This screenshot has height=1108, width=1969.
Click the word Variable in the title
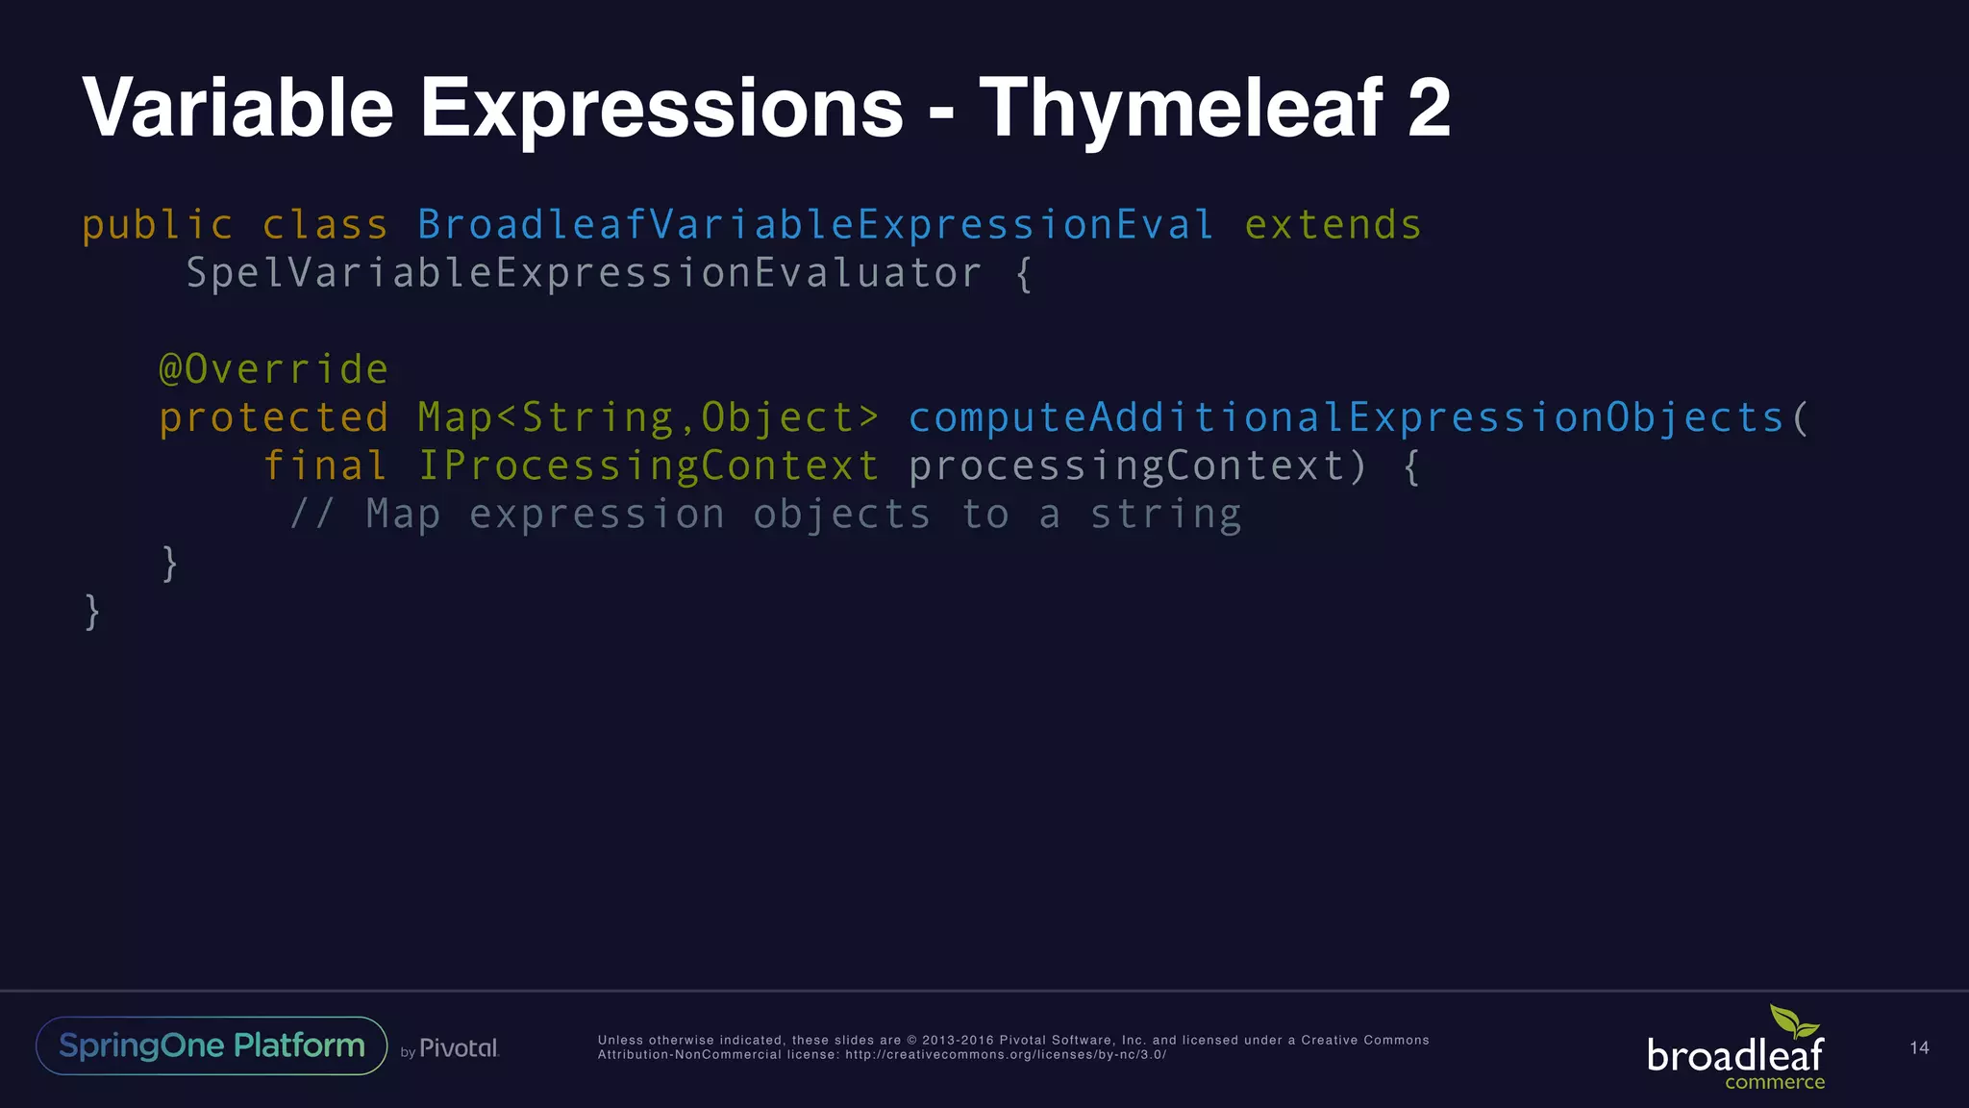click(237, 108)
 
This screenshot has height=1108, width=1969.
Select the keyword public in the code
click(158, 226)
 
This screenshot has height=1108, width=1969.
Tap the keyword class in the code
click(325, 226)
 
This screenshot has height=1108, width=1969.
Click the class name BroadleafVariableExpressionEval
click(815, 226)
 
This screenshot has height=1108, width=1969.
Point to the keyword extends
click(1333, 226)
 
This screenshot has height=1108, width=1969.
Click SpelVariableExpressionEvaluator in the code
click(584, 274)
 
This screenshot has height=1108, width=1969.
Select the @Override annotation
click(273, 370)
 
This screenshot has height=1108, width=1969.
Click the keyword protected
click(273, 418)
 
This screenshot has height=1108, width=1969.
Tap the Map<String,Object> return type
click(648, 418)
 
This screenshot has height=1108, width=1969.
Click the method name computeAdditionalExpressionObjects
click(1346, 418)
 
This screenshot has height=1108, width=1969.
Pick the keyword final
click(325, 466)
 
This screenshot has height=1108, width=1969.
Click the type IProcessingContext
click(648, 466)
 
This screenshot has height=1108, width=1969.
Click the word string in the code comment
click(1165, 516)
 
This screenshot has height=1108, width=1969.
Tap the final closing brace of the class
click(92, 612)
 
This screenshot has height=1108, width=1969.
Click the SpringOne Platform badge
click(212, 1045)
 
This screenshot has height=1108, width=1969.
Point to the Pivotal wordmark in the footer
click(459, 1048)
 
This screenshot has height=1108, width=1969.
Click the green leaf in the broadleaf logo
click(1793, 1021)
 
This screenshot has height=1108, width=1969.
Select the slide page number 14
click(1919, 1048)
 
